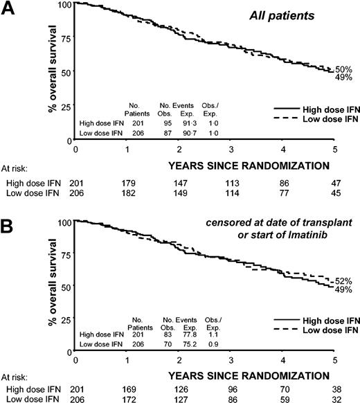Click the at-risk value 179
[x=126, y=182]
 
